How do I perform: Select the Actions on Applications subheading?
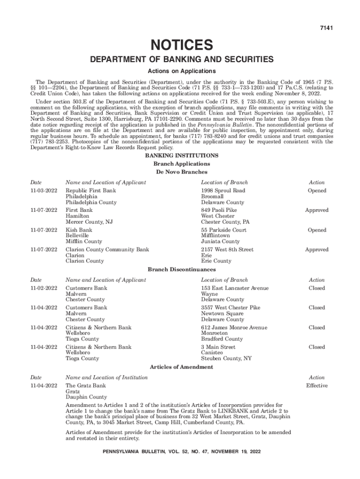[x=181, y=71]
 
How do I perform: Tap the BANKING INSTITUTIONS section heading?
[x=181, y=155]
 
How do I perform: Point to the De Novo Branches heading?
[x=181, y=172]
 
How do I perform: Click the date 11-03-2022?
[x=43, y=191]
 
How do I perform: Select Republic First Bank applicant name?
[x=91, y=191]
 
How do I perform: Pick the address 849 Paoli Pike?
[x=219, y=210]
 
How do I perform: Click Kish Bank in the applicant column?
[x=79, y=230]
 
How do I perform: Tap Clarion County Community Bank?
[x=107, y=250]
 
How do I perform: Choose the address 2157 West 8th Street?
[x=227, y=250]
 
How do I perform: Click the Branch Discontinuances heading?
[x=181, y=270]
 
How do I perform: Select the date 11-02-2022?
[x=43, y=288]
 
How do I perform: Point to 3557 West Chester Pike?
[x=230, y=308]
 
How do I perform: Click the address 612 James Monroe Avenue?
[x=234, y=327]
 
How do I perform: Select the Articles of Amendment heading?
[x=181, y=367]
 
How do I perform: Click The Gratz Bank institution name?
[x=86, y=386]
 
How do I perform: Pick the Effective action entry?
[x=317, y=386]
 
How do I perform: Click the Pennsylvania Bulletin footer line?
[x=181, y=452]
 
